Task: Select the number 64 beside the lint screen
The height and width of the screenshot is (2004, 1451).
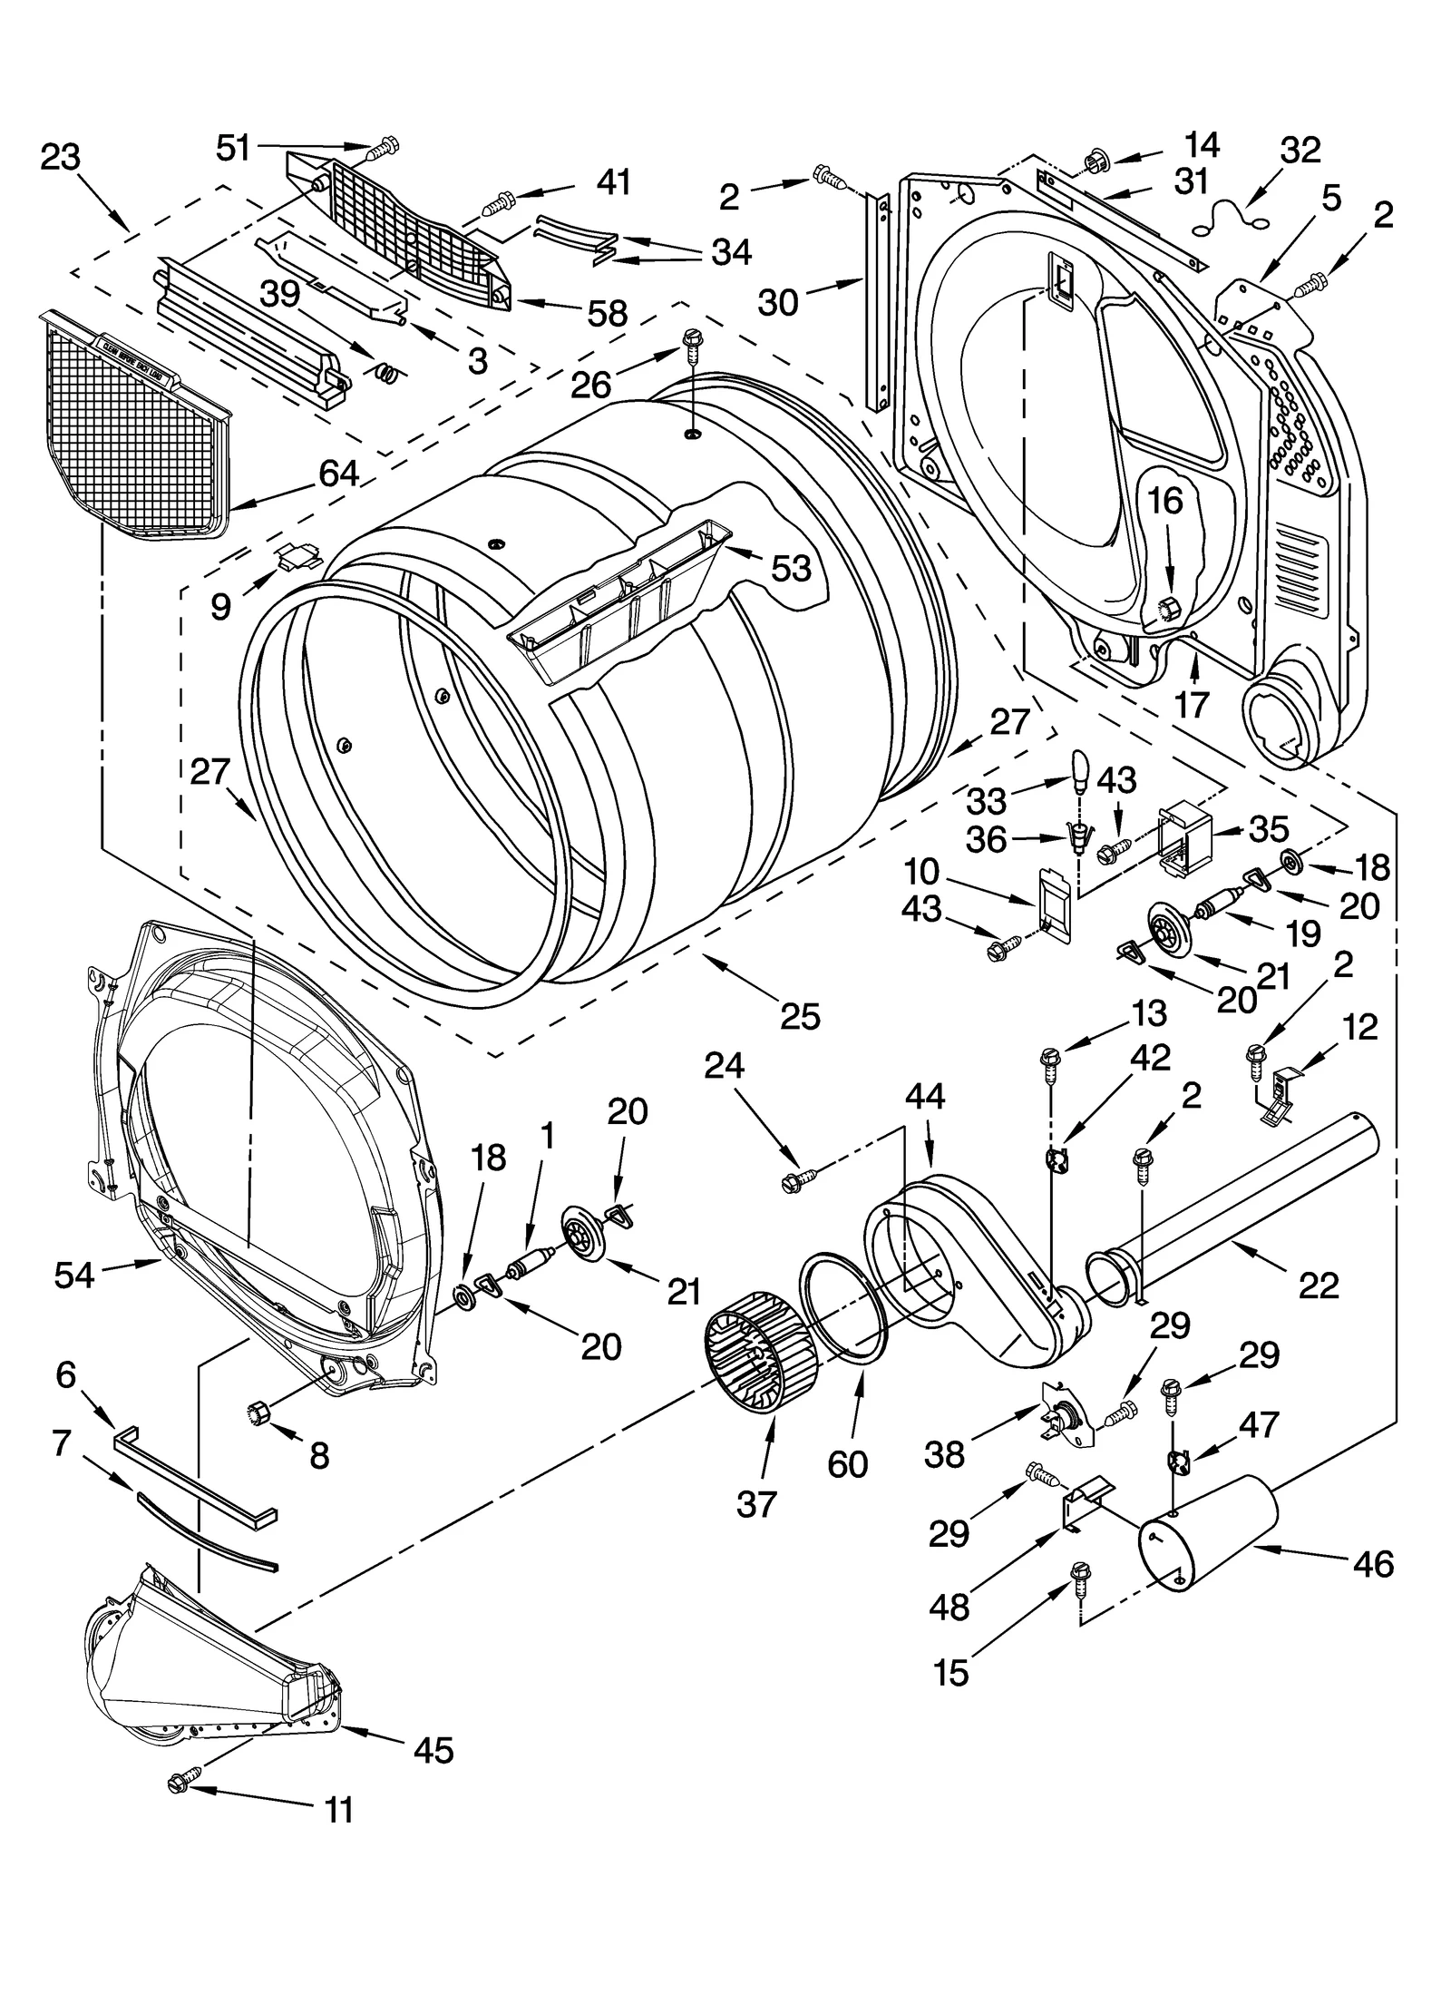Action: coord(338,474)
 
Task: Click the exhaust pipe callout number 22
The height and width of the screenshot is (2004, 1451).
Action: coord(1318,1285)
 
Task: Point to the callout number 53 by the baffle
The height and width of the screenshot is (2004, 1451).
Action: coord(791,569)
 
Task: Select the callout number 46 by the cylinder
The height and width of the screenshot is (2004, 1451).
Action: coord(1372,1565)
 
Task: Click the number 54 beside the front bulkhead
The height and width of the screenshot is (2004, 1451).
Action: coord(73,1276)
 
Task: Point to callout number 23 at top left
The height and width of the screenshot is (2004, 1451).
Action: coord(61,158)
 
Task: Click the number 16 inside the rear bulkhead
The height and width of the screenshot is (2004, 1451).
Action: coord(1166,502)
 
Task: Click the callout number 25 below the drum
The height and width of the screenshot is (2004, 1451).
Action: coord(800,1016)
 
